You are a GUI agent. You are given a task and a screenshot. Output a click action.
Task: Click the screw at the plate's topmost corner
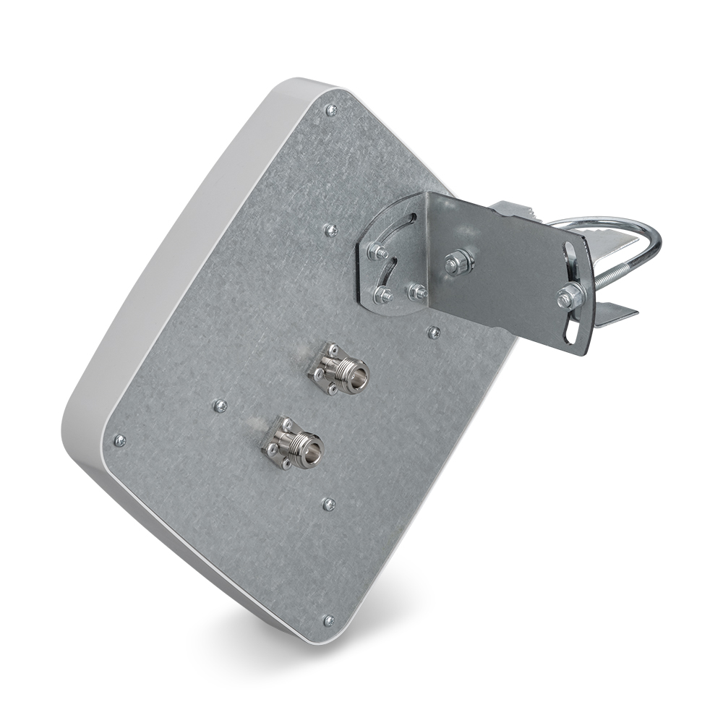pyautogui.click(x=331, y=110)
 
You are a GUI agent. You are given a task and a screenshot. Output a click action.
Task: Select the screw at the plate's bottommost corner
pyautogui.click(x=329, y=620)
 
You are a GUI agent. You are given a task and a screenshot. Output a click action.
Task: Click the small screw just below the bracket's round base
pyautogui.click(x=434, y=333)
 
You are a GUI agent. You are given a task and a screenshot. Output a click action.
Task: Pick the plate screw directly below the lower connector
pyautogui.click(x=328, y=503)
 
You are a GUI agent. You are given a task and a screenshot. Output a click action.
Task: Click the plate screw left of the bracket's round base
pyautogui.click(x=331, y=230)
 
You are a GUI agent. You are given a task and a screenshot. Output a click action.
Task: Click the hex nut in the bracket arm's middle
pyautogui.click(x=458, y=262)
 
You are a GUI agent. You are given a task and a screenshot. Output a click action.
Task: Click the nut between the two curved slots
pyautogui.click(x=377, y=252)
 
